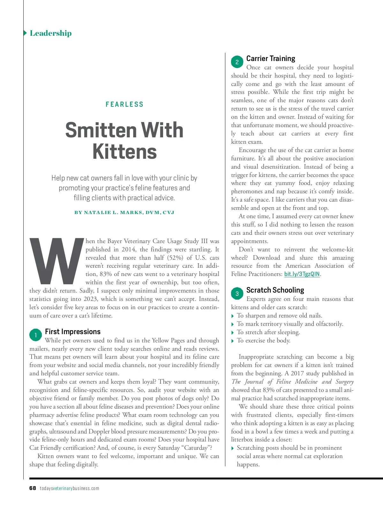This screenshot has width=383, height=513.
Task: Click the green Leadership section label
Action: (x=50, y=33)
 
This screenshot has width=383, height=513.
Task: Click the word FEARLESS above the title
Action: (x=124, y=104)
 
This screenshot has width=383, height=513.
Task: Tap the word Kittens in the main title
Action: (x=124, y=152)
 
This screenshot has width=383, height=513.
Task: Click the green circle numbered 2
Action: (x=237, y=62)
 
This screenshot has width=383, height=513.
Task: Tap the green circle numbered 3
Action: (x=237, y=294)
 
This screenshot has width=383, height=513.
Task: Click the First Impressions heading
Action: (x=73, y=332)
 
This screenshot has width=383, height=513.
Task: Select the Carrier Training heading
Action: (x=271, y=58)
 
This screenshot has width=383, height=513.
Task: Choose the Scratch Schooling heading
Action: (x=275, y=290)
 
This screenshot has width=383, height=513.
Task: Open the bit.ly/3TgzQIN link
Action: (x=302, y=274)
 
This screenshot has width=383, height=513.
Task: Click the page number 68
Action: (x=33, y=488)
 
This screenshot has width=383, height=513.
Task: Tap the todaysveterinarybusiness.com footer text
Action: (x=69, y=488)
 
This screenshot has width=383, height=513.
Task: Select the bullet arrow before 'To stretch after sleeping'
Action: (x=233, y=333)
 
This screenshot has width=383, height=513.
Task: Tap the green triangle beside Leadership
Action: (x=25, y=33)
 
